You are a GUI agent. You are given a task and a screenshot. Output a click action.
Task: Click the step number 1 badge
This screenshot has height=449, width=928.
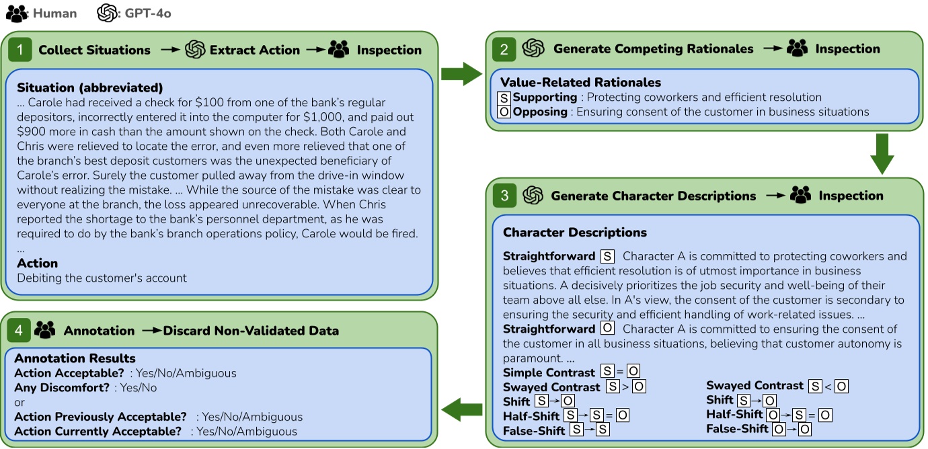(20, 50)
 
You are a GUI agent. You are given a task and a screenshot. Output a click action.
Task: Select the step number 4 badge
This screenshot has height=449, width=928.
(20, 330)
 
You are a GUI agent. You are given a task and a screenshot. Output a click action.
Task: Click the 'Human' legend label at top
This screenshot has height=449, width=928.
(54, 13)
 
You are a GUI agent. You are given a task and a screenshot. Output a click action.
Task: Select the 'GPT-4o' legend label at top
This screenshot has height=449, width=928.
(148, 13)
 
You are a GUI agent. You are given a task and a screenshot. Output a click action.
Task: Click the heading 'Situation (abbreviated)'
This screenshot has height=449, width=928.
(89, 88)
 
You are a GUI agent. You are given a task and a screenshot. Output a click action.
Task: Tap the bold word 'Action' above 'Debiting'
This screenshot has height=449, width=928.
(37, 263)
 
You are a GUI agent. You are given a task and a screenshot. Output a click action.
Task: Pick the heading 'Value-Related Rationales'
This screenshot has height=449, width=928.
(580, 83)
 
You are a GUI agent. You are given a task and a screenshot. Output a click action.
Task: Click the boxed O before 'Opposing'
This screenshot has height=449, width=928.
(504, 112)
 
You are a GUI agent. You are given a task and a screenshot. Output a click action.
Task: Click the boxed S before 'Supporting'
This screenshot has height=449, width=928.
(504, 97)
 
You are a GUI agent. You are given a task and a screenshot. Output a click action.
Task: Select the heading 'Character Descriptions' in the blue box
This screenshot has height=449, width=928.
(574, 233)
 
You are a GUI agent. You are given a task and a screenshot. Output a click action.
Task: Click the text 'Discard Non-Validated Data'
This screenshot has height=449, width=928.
(251, 330)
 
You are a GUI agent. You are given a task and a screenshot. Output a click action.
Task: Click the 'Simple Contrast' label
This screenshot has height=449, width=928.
(549, 372)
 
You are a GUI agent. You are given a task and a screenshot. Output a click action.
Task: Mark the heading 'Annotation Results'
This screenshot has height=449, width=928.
(75, 358)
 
